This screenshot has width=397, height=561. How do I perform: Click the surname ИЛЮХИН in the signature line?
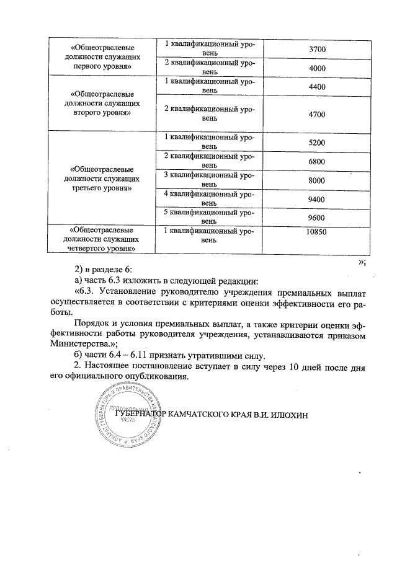click(x=288, y=414)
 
